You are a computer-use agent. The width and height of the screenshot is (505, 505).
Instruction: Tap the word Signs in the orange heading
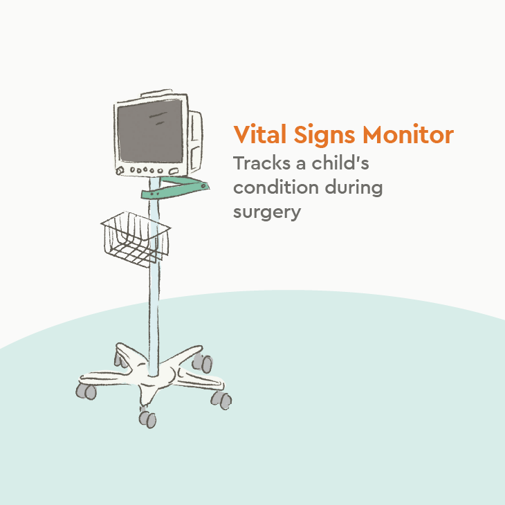pyautogui.click(x=318, y=135)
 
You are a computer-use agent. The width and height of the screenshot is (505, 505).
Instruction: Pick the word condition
pyautogui.click(x=275, y=187)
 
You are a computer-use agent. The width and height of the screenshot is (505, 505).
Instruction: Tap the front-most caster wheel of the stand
pyautogui.click(x=147, y=418)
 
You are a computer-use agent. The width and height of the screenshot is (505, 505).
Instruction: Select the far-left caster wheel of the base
pyautogui.click(x=87, y=391)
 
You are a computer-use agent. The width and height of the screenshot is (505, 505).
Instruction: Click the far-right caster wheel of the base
pyautogui.click(x=223, y=399)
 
